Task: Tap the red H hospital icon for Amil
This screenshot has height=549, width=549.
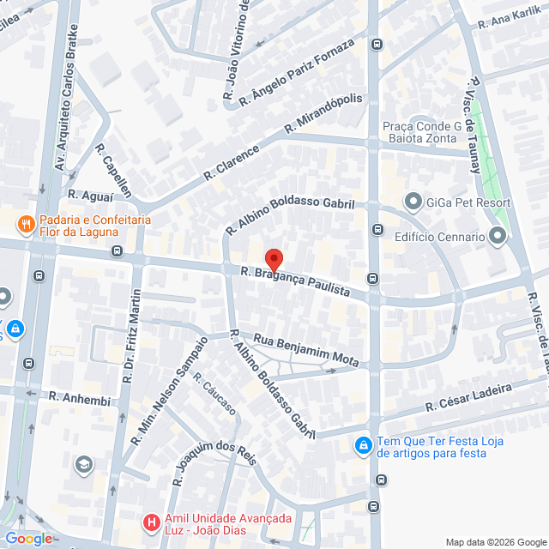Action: click(151, 522)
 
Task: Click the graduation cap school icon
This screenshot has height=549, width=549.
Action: click(83, 465)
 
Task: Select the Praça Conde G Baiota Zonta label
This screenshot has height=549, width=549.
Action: click(421, 134)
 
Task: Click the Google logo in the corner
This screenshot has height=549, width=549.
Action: click(27, 539)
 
